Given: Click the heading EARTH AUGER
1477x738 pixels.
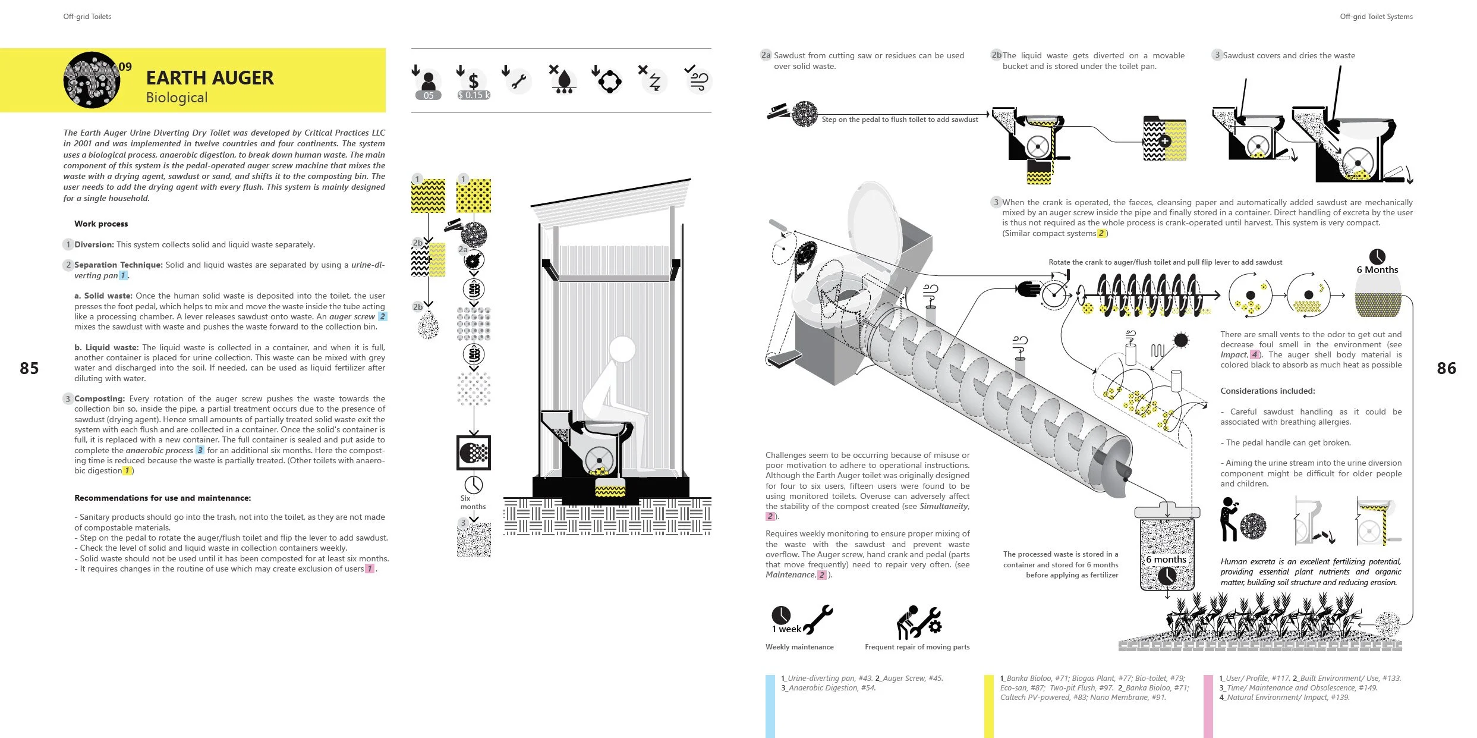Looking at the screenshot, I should tap(210, 78).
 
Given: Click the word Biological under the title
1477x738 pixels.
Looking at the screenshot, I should tap(177, 98).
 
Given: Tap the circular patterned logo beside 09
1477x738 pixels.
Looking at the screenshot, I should tap(92, 80).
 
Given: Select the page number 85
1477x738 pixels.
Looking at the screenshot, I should tap(29, 368).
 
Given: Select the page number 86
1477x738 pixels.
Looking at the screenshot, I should tap(1446, 368).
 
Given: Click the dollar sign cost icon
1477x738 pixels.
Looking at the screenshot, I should tap(473, 80).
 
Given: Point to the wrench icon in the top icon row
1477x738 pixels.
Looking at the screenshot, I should tap(518, 81).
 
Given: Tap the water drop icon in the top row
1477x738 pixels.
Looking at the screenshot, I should tap(564, 80).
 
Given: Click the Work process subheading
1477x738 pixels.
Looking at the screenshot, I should tap(101, 224).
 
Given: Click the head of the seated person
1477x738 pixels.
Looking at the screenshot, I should tap(622, 349).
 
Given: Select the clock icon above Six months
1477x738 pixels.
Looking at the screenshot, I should tap(474, 484).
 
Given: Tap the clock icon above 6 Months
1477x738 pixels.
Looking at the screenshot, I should tap(1377, 256).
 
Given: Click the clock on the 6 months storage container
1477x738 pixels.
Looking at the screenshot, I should tap(1167, 575).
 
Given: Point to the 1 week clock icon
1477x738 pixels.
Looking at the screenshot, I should tap(781, 615).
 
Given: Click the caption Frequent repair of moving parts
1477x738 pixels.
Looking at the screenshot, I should tap(917, 647).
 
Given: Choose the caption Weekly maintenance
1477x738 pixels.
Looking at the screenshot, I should tap(799, 647).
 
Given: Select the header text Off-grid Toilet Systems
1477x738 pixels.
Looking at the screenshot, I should tap(1376, 17).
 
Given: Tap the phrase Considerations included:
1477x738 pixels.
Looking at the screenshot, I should tap(1267, 391).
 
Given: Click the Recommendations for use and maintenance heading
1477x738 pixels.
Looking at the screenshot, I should tap(162, 498).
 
